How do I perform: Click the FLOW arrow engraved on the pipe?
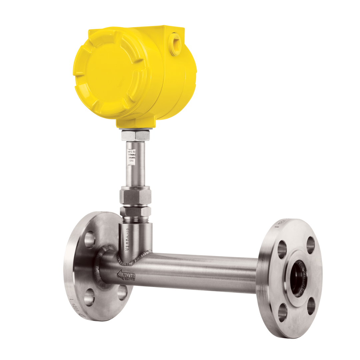[x=126, y=275]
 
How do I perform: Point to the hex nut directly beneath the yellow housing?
[x=136, y=135]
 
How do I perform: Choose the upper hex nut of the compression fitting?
[x=136, y=195]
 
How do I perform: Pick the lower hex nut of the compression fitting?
[x=136, y=211]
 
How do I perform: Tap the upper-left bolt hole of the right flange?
[x=282, y=249]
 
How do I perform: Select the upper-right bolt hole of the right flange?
[x=310, y=245]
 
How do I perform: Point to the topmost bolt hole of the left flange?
[x=90, y=239]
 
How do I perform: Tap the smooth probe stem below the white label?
[x=136, y=175]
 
